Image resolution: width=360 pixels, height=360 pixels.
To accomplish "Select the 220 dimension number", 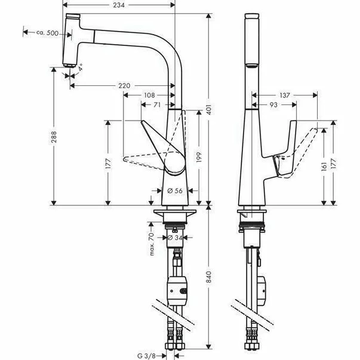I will (x=124, y=86).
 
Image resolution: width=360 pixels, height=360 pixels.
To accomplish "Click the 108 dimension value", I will (x=150, y=95).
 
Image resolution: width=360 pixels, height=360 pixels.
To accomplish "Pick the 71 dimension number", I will (x=157, y=104).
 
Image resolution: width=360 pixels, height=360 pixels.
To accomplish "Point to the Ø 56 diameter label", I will (x=174, y=190).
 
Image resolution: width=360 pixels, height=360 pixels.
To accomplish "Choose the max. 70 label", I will (x=153, y=244).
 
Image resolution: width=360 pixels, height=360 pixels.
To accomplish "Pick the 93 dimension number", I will (x=273, y=104).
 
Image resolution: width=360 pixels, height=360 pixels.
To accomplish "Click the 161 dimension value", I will (x=324, y=164).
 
